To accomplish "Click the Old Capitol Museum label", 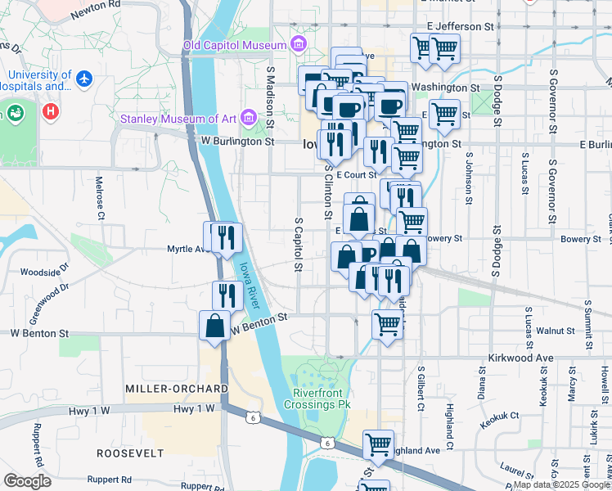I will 234,45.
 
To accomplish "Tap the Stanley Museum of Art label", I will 178,119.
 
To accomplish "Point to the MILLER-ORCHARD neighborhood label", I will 176,387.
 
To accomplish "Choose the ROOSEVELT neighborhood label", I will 130,453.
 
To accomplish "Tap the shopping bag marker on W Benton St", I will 214,325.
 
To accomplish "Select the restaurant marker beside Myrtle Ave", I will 226,237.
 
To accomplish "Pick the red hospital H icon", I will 52,110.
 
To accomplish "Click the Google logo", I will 28,481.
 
